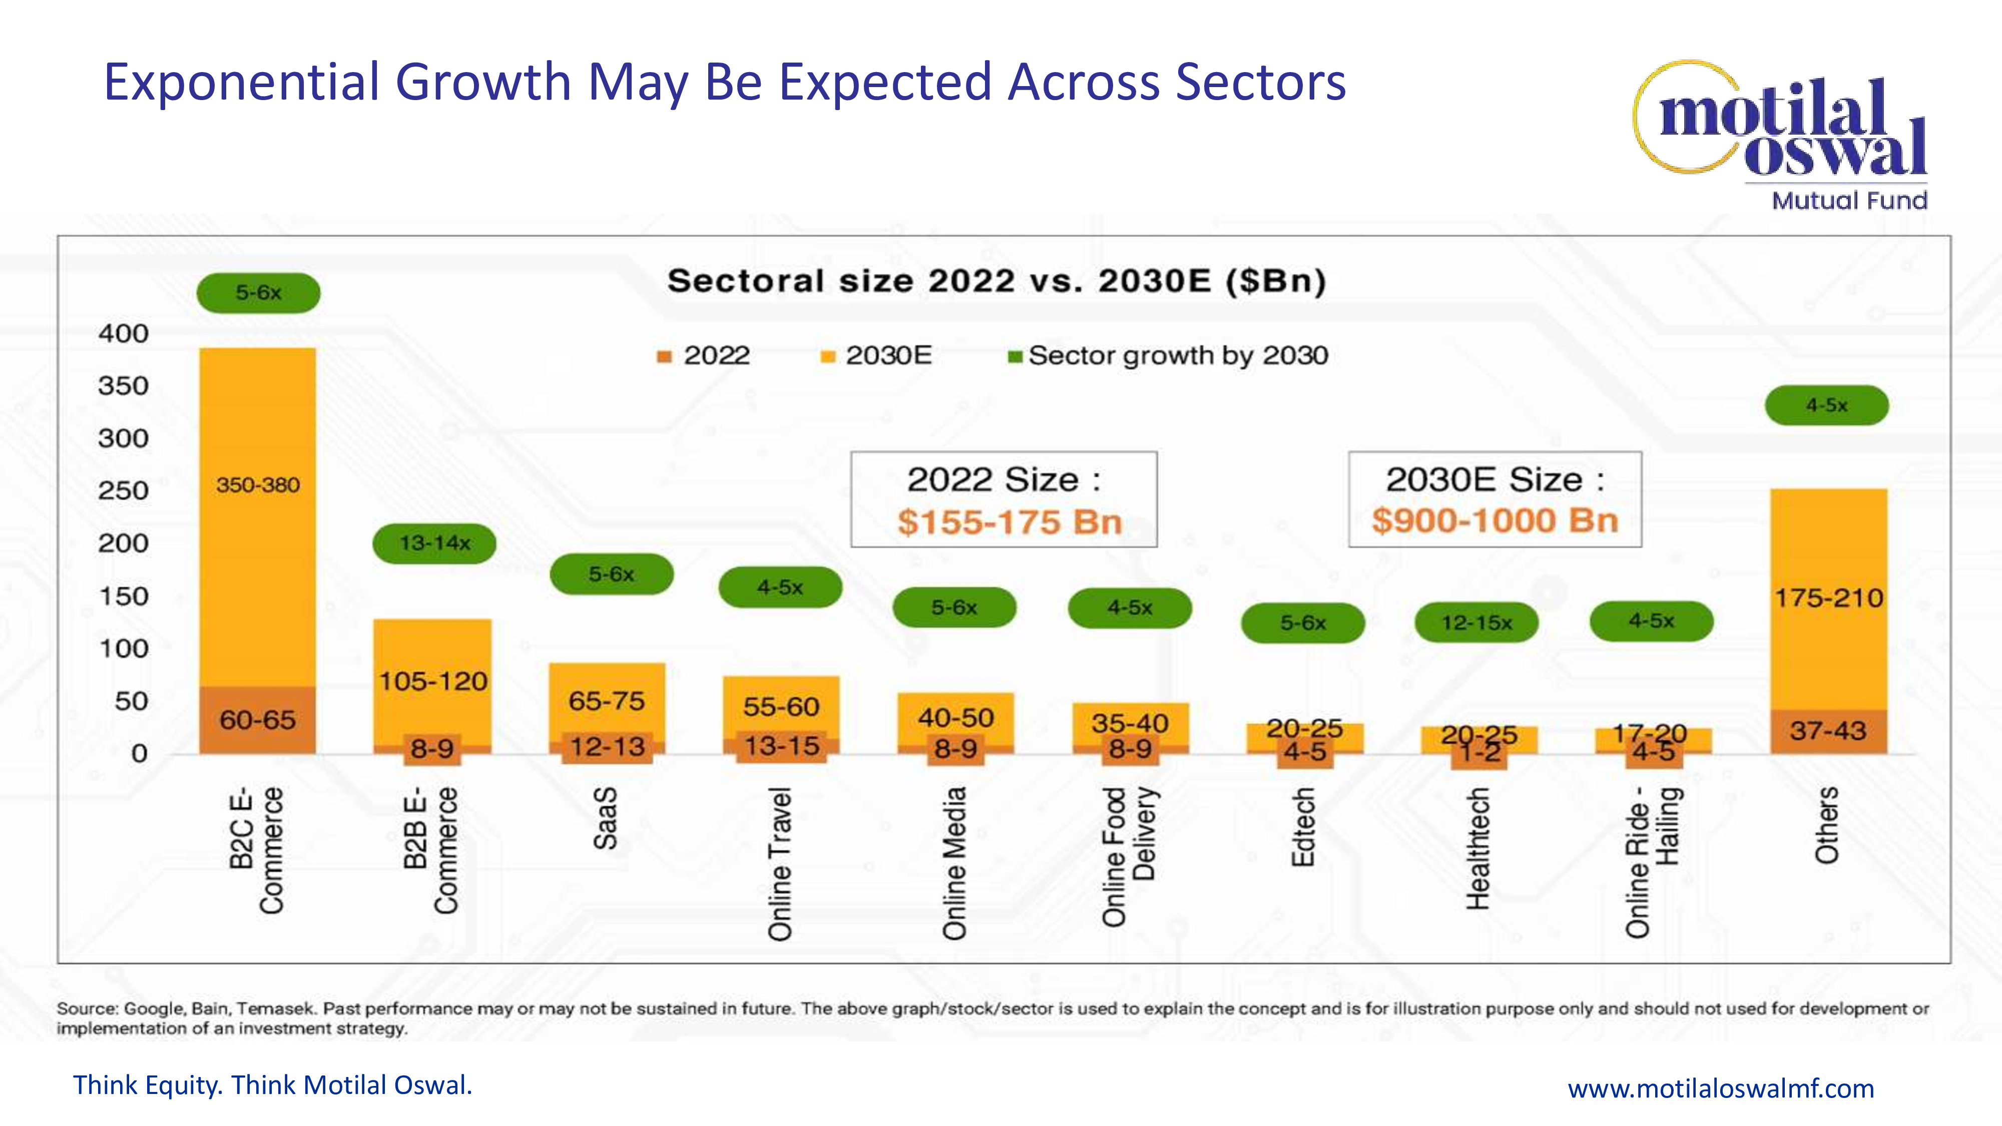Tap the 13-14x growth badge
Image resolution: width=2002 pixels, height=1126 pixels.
434,543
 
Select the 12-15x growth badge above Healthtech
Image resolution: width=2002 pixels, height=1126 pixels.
1476,623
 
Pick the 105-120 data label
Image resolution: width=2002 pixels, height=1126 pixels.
433,682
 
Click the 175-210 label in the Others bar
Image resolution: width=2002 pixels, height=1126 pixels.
1828,598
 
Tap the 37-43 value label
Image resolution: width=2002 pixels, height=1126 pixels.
1828,731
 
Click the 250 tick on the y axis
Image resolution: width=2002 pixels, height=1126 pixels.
123,490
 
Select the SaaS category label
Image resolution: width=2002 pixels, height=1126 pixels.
606,818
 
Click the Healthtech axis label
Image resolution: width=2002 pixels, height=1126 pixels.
1477,849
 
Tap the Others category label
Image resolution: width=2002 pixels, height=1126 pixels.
1827,825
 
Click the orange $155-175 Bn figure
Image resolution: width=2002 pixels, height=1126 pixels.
1010,521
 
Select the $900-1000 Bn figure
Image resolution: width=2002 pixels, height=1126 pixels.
1494,520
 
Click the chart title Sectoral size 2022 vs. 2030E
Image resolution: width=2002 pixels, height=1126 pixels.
996,281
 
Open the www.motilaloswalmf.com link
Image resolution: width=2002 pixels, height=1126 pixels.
1721,1088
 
